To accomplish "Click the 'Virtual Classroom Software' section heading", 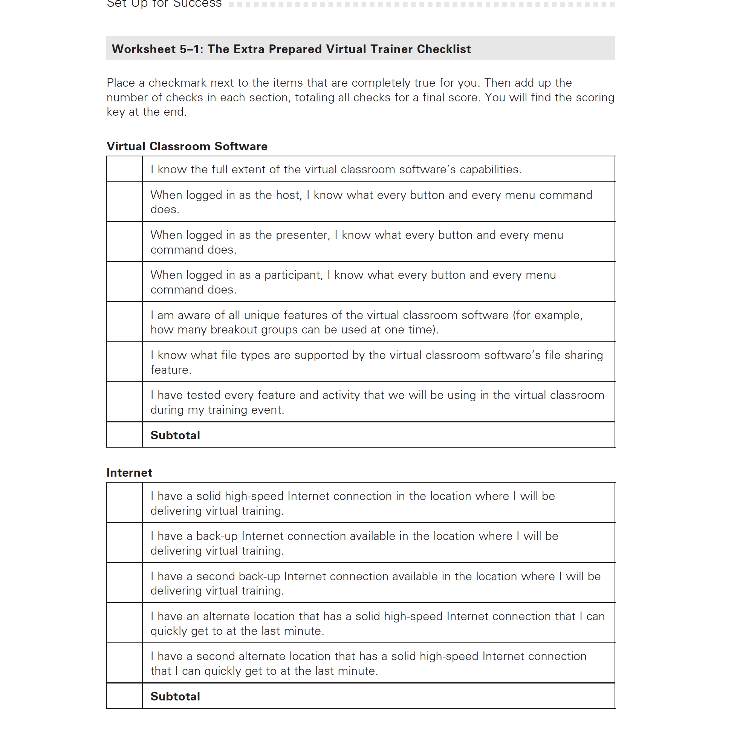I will pyautogui.click(x=187, y=147).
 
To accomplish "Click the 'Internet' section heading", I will pyautogui.click(x=129, y=472).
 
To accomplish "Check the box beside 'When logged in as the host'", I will pyautogui.click(x=124, y=202).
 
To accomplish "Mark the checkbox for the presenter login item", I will pyautogui.click(x=124, y=242).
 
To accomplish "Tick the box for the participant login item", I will pyautogui.click(x=124, y=282).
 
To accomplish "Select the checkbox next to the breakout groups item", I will pyautogui.click(x=124, y=322).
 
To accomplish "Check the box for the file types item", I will pyautogui.click(x=124, y=362).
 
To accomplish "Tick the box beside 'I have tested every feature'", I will pyautogui.click(x=124, y=402).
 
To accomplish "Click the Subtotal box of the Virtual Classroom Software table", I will pyautogui.click(x=124, y=435).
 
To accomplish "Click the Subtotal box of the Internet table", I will pyautogui.click(x=124, y=696).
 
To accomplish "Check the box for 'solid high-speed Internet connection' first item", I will pyautogui.click(x=124, y=503).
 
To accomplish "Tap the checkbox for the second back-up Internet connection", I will pyautogui.click(x=124, y=583).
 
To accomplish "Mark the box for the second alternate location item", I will pyautogui.click(x=124, y=663).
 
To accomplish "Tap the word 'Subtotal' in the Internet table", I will pyautogui.click(x=175, y=697).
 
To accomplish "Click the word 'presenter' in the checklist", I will pyautogui.click(x=303, y=235).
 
